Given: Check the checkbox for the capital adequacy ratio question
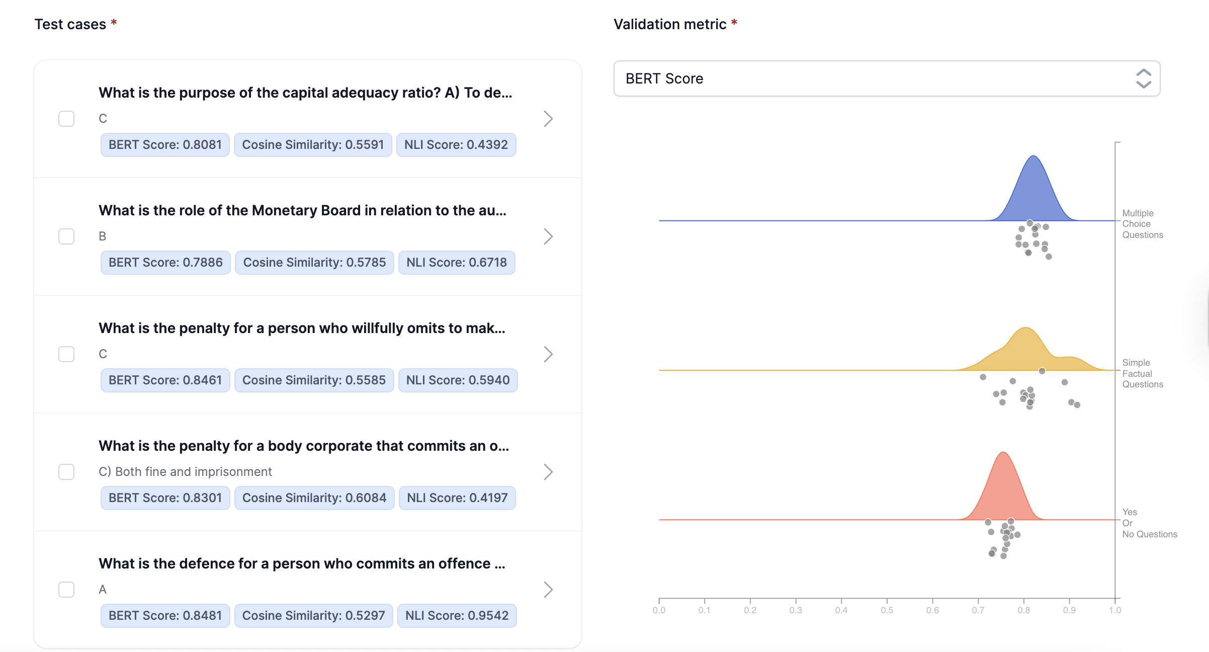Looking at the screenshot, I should coord(66,119).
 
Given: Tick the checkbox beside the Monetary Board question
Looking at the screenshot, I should coord(66,236).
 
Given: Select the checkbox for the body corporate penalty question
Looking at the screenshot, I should coord(66,472).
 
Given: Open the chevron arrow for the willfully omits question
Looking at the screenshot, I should coord(548,354).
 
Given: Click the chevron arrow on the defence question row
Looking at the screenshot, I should coord(548,590).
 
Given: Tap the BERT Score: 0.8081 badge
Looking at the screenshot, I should coord(165,145).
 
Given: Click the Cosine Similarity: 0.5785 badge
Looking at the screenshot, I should coord(314,263).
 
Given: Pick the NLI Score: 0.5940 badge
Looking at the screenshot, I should coord(458,380).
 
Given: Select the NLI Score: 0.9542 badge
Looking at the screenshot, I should coord(457,616).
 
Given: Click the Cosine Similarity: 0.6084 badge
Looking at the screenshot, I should coord(314,498).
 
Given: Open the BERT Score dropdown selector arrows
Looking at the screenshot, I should coord(1144,78).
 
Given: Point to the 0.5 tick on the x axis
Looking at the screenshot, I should coord(887,610).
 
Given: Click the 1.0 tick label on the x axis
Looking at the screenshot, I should coord(1115,610).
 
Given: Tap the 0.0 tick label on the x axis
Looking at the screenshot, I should coord(659,610).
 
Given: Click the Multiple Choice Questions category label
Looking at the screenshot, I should coord(1142,224).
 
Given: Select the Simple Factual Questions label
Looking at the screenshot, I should coord(1142,373).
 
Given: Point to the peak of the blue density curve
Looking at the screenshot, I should coord(1033,156).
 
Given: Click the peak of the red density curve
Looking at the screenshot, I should coord(1003,453).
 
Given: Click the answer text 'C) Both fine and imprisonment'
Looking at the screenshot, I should coord(185,472).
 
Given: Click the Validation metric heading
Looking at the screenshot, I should coord(669,24).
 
